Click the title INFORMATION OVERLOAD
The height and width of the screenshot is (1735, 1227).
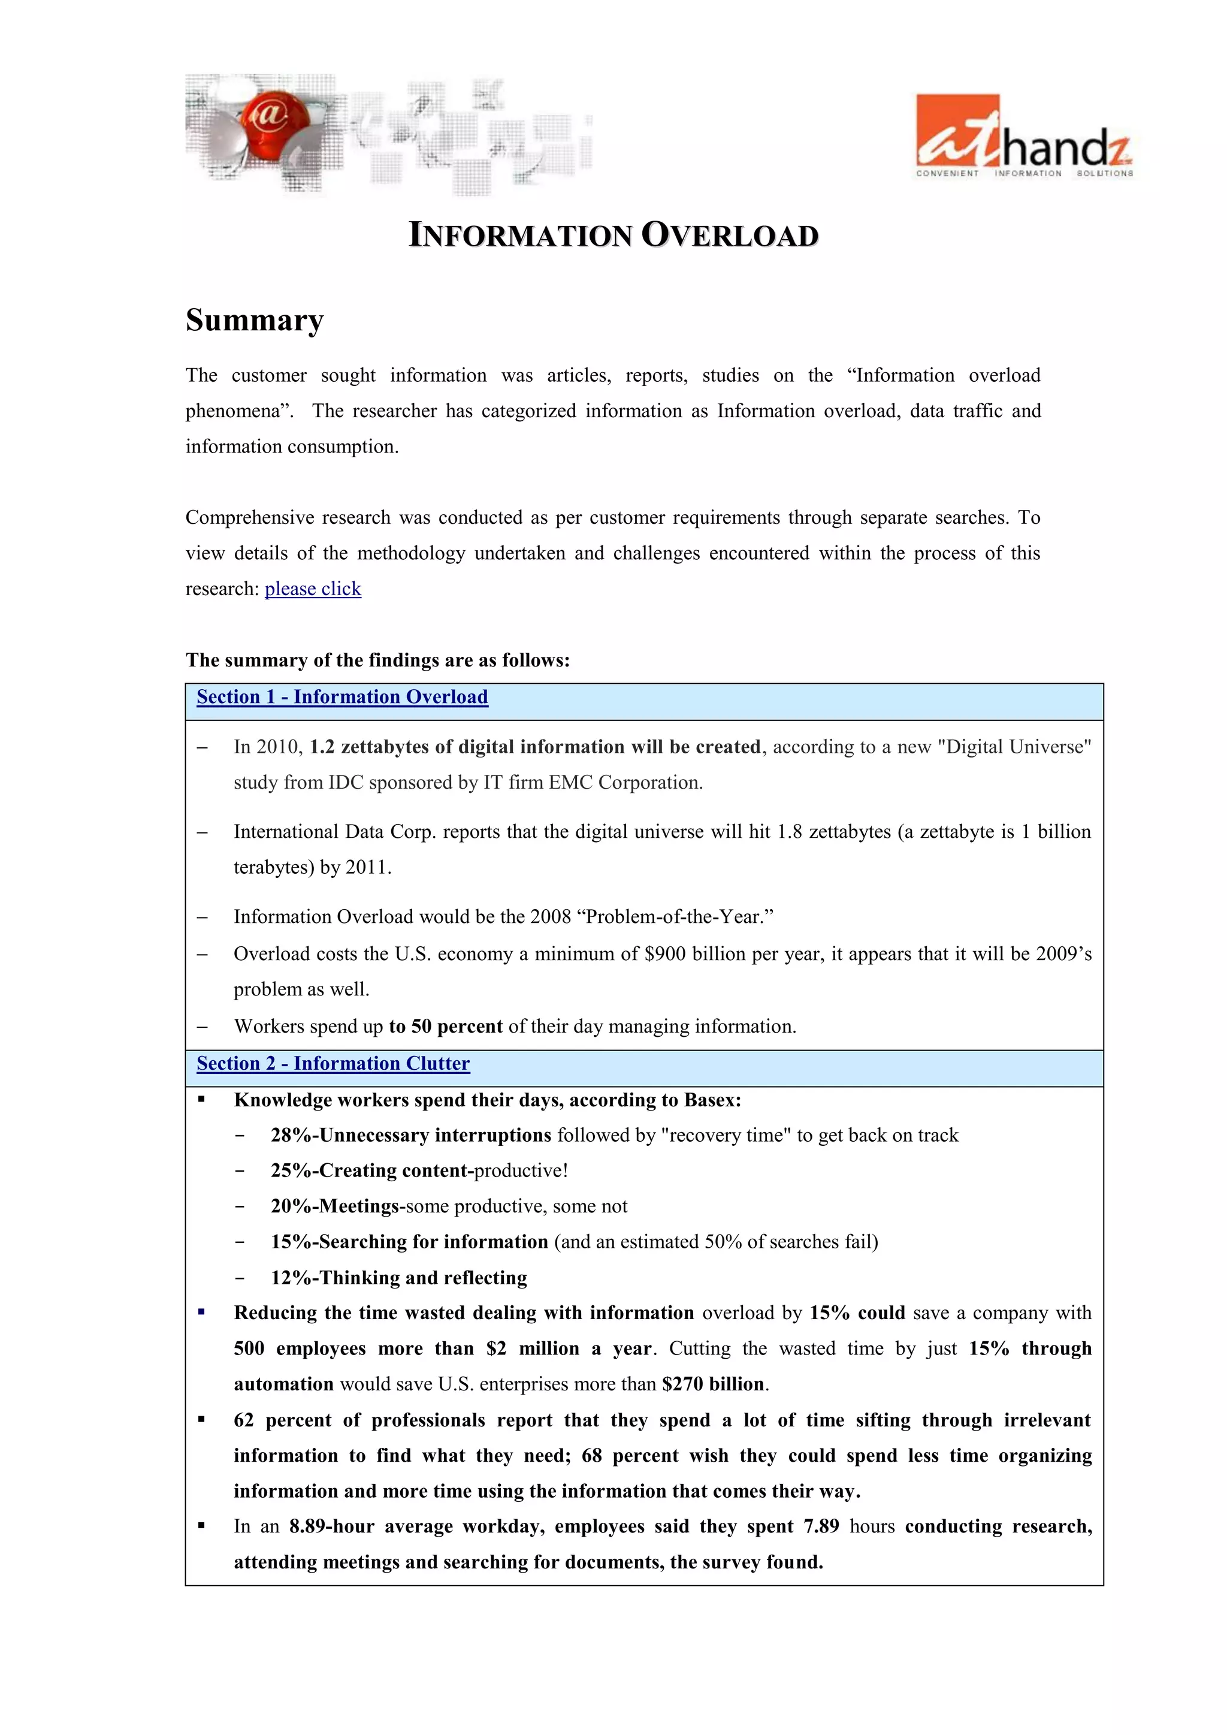click(613, 235)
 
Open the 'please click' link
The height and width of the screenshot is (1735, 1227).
click(313, 589)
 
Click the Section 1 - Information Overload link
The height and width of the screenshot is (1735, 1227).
click(342, 697)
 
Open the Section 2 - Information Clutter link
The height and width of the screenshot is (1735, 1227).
click(333, 1063)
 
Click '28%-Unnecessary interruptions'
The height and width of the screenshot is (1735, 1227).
click(411, 1135)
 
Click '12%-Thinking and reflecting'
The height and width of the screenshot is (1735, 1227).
click(399, 1278)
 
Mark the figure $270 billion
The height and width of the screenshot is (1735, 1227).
click(713, 1384)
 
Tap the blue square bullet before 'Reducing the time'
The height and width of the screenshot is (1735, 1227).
click(202, 1312)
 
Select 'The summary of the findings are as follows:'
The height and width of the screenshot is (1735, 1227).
click(378, 660)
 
